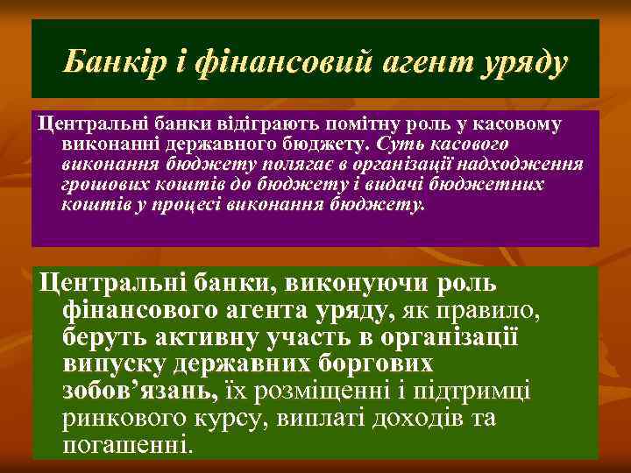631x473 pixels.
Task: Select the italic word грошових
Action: coord(100,185)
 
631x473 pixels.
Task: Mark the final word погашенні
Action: coord(126,444)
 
